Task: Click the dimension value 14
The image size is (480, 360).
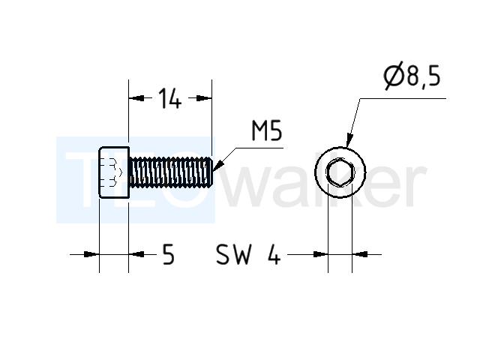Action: [x=170, y=98]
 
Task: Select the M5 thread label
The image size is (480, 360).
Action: [x=267, y=130]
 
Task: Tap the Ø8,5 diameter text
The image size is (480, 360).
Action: [x=412, y=76]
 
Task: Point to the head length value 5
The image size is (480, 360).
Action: [x=168, y=254]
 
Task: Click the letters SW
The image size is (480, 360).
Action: [x=233, y=254]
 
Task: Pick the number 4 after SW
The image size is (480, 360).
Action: [x=274, y=254]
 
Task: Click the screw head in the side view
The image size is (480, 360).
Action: [x=114, y=172]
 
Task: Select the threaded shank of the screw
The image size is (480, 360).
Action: [x=171, y=172]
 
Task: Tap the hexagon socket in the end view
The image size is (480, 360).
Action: [x=340, y=172]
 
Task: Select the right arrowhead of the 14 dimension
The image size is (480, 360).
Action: [x=204, y=98]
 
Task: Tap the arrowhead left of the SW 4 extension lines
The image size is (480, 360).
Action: [x=320, y=254]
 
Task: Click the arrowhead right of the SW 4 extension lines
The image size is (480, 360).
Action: [x=360, y=254]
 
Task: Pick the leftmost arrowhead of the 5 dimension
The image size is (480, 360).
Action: [x=91, y=254]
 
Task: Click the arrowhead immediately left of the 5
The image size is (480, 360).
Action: [x=136, y=254]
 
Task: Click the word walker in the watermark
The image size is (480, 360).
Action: [x=325, y=185]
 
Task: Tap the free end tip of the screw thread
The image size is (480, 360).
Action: [x=212, y=172]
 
